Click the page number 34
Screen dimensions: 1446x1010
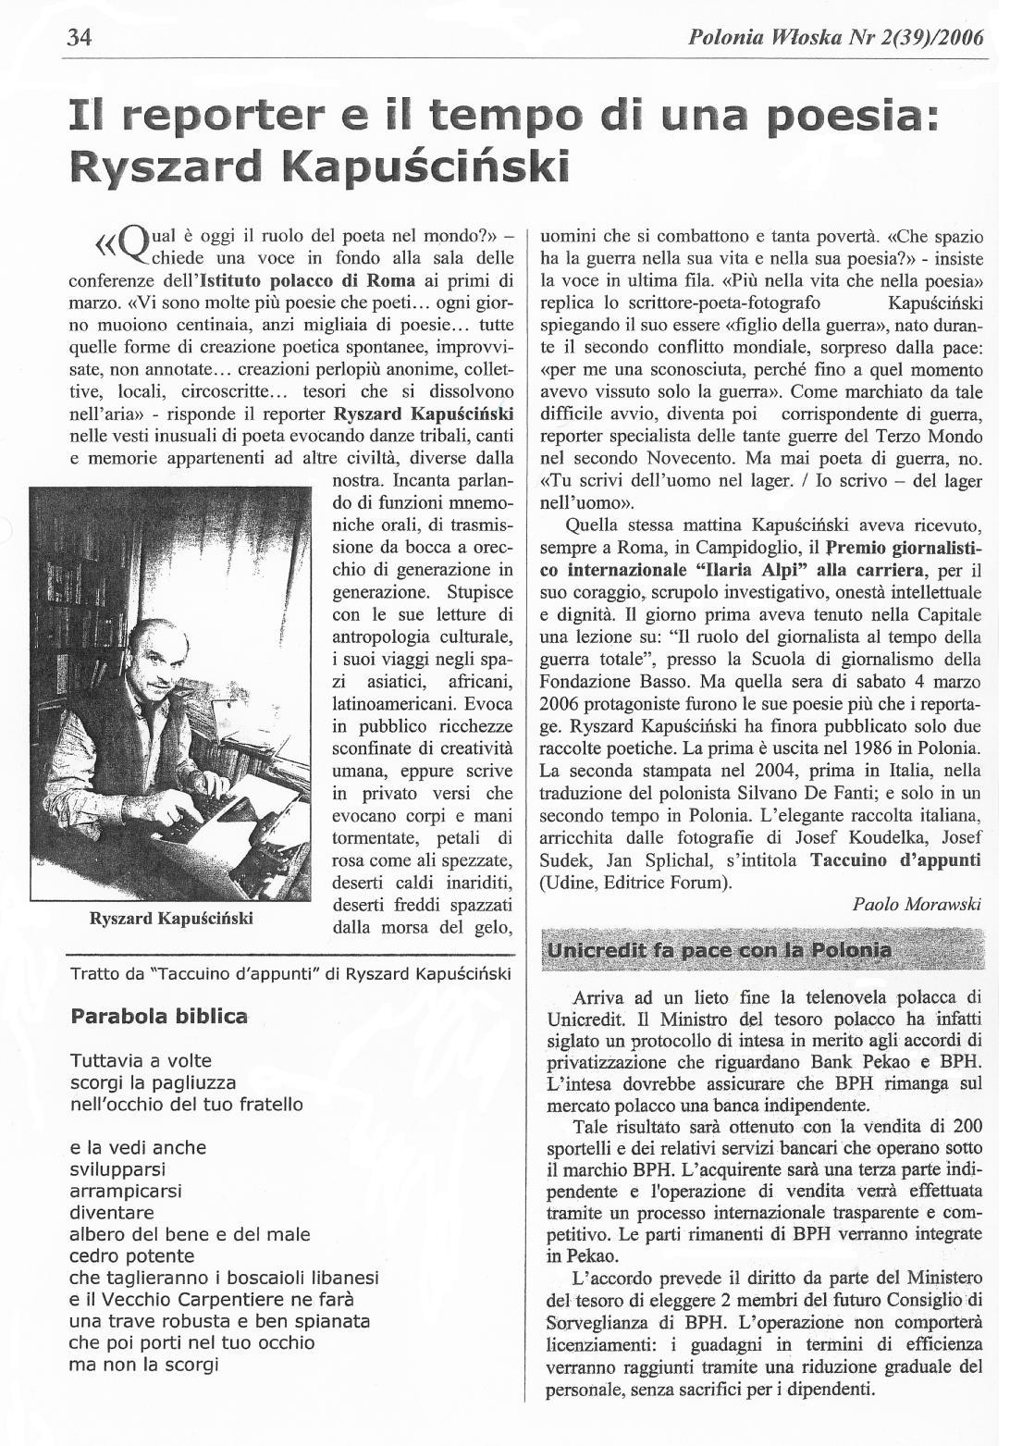pos(79,38)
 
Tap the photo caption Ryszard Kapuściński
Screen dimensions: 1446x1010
pos(171,919)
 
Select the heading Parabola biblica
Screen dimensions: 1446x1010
pos(159,1016)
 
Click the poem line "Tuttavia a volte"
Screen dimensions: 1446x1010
pos(141,1060)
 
